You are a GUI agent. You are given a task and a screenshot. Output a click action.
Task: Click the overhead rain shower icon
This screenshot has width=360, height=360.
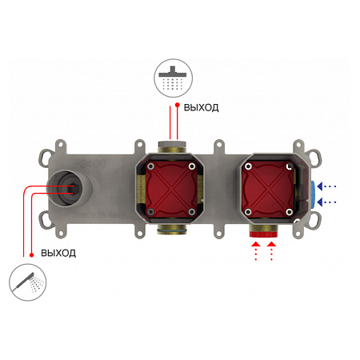point(173,78)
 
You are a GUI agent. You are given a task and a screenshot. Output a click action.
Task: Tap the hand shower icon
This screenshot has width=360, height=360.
point(28,282)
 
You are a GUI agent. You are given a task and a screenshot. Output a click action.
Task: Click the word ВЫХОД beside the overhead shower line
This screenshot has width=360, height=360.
point(202,107)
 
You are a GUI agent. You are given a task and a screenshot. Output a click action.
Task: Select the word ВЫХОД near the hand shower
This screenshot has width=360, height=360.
point(58,253)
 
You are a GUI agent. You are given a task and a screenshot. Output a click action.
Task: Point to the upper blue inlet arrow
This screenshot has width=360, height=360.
point(326,186)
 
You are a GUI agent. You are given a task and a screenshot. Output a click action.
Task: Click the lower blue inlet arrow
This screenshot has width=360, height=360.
point(326,202)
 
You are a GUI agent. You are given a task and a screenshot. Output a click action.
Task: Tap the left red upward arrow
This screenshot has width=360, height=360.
point(256,251)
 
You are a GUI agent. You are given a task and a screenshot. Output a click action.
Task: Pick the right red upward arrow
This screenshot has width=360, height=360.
point(271,251)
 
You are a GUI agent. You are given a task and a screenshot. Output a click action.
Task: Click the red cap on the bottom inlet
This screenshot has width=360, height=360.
point(263,234)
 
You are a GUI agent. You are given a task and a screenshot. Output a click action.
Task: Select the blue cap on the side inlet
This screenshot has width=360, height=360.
point(314,194)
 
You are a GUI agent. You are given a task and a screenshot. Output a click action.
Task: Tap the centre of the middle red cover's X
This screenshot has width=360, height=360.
point(172,189)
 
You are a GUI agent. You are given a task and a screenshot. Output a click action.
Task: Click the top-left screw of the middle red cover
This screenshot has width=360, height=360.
point(151,166)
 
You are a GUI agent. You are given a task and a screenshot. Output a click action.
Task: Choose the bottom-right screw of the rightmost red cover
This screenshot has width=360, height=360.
point(289,212)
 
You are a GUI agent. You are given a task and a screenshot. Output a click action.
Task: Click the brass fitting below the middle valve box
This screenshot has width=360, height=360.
point(172,230)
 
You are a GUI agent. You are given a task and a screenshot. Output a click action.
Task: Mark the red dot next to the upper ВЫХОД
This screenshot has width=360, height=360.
point(178,105)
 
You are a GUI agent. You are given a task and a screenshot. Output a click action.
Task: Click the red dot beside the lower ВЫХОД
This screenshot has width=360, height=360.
point(32,255)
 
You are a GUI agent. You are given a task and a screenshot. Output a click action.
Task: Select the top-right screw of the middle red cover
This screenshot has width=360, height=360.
point(192,166)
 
